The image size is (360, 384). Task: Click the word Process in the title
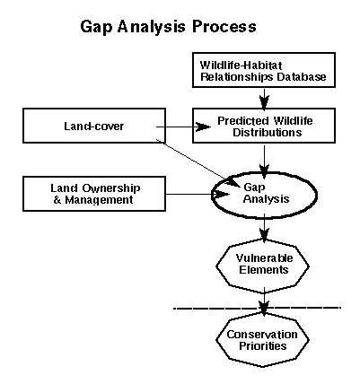point(224,26)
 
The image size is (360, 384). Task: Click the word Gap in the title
point(96,28)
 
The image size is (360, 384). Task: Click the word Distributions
point(268,132)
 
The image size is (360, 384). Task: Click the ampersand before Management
point(57,200)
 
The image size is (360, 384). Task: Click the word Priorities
point(263,346)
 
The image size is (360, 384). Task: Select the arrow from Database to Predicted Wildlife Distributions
point(264,98)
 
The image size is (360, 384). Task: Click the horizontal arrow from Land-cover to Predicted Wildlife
point(183,127)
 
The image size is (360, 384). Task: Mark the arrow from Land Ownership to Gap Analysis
point(198,195)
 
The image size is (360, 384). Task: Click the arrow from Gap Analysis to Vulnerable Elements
point(264,228)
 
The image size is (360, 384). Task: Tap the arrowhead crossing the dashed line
point(264,307)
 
